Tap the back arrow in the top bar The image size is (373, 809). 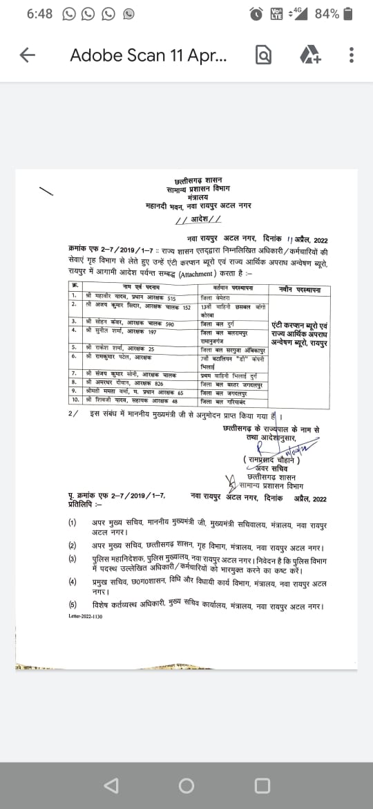pos(28,55)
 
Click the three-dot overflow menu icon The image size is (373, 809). pos(352,55)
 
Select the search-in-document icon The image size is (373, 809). pos(263,55)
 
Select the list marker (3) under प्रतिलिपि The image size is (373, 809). pos(73,557)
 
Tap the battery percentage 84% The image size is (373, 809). pos(327,14)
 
